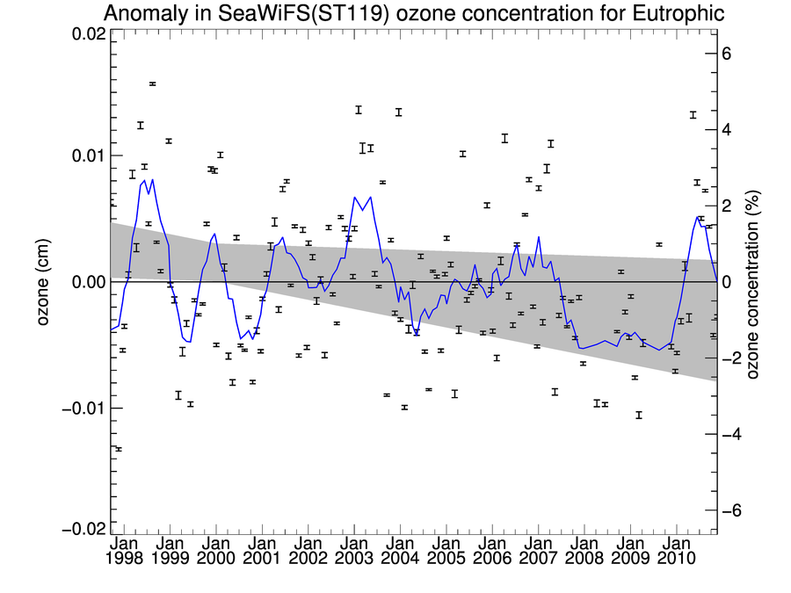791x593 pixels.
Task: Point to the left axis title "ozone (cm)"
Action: pos(42,282)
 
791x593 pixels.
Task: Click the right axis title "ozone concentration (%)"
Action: pos(752,282)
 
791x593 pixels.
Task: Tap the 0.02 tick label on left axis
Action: pos(85,33)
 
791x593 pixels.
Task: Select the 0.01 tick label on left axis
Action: pos(85,155)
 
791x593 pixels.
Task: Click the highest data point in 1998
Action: pos(153,84)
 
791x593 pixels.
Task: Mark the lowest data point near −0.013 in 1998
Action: pos(119,449)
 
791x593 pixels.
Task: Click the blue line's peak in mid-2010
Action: pos(698,216)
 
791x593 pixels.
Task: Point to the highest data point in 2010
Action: pos(693,115)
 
